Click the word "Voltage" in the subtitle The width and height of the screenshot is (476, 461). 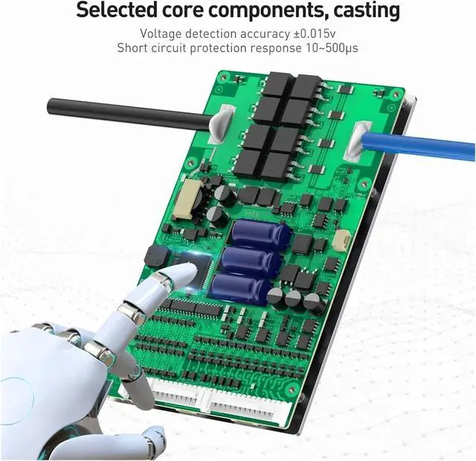pos(161,34)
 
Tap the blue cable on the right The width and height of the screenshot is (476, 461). pos(418,146)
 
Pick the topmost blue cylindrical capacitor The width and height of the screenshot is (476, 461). pos(260,233)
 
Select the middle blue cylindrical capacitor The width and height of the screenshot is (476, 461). pos(251,261)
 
